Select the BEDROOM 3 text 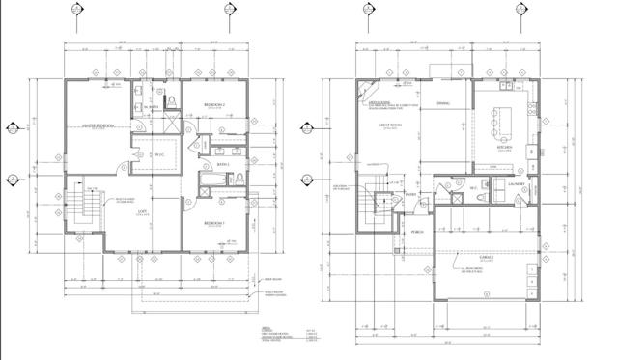[214, 223]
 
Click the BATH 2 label [220, 165]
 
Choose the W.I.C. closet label [161, 150]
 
